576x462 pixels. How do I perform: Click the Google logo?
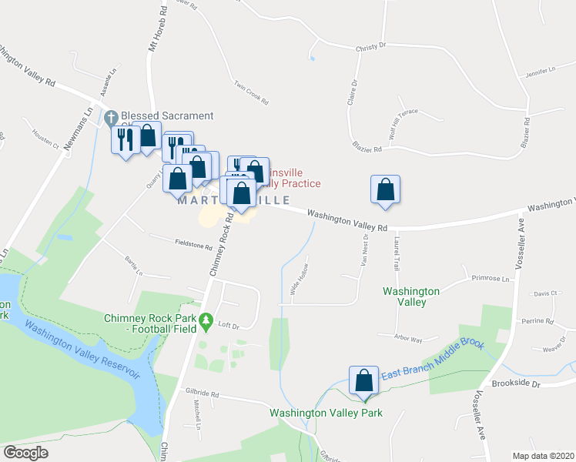(25, 453)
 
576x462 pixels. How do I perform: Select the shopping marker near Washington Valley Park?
(363, 380)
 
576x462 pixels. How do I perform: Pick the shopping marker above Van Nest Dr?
(385, 190)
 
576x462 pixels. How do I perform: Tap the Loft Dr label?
(229, 325)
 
